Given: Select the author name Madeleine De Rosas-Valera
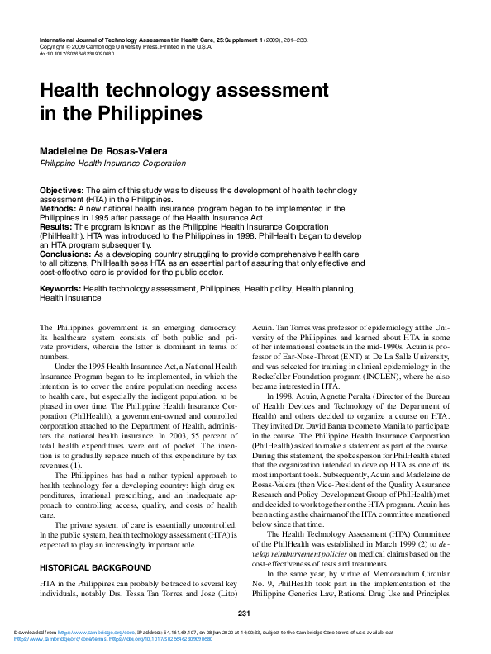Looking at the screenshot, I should [x=112, y=152].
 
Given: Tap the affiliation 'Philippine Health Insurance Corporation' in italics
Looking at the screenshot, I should [x=113, y=164].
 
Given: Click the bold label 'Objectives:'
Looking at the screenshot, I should [x=62, y=190].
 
